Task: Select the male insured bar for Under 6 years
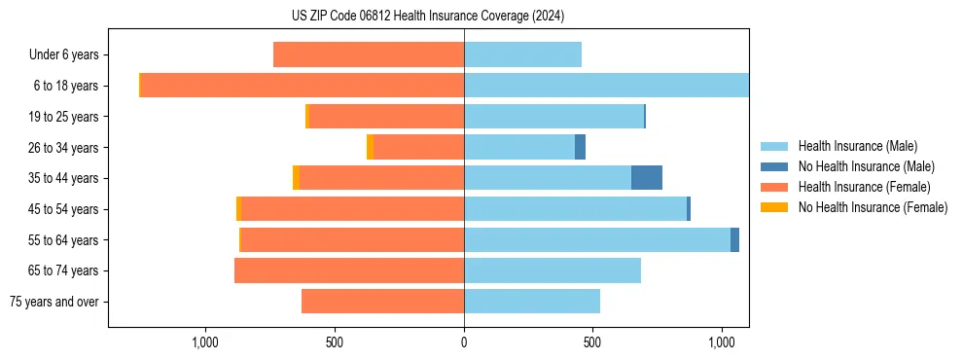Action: click(522, 54)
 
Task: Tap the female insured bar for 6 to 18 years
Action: click(302, 86)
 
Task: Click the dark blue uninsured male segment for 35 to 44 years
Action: click(647, 178)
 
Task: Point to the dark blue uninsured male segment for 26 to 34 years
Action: click(581, 147)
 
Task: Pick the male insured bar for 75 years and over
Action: click(532, 302)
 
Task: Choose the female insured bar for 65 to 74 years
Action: click(349, 270)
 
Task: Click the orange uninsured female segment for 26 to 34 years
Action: click(370, 147)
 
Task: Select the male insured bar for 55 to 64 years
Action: click(597, 239)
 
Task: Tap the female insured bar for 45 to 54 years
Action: click(352, 209)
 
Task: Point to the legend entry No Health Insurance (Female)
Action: click(873, 207)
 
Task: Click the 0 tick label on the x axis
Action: click(464, 343)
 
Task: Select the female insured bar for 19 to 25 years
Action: click(386, 117)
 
